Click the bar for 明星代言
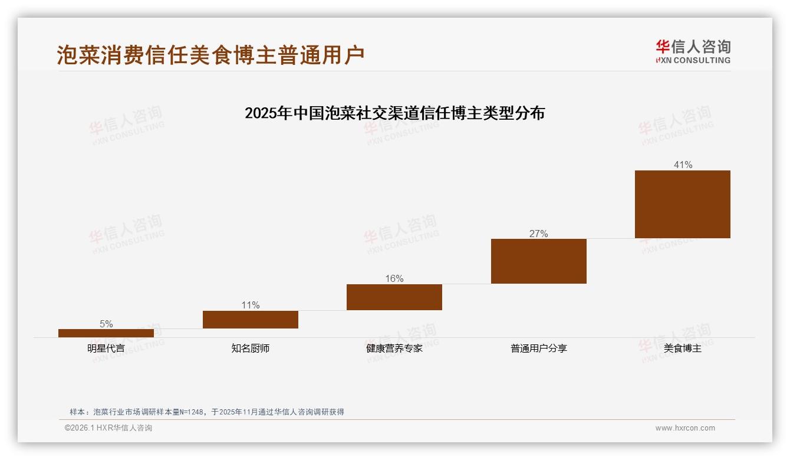click(x=106, y=333)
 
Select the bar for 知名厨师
click(x=251, y=320)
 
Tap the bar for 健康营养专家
click(x=394, y=297)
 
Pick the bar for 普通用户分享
click(x=539, y=261)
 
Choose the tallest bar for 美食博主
click(x=683, y=204)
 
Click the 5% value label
click(x=106, y=324)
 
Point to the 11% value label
click(x=251, y=305)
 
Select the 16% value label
click(x=394, y=278)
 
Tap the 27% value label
click(x=539, y=234)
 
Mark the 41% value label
click(x=683, y=165)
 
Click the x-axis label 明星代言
click(x=106, y=349)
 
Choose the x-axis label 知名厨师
click(x=251, y=349)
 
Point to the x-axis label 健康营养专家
click(x=394, y=349)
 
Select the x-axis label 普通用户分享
click(x=539, y=349)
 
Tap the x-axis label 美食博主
click(x=683, y=349)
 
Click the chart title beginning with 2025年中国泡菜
click(x=394, y=113)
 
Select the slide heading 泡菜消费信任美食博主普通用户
click(x=210, y=55)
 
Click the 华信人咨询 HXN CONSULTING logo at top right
click(x=693, y=51)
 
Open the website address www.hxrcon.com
click(x=685, y=428)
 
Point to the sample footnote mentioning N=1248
click(x=206, y=412)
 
